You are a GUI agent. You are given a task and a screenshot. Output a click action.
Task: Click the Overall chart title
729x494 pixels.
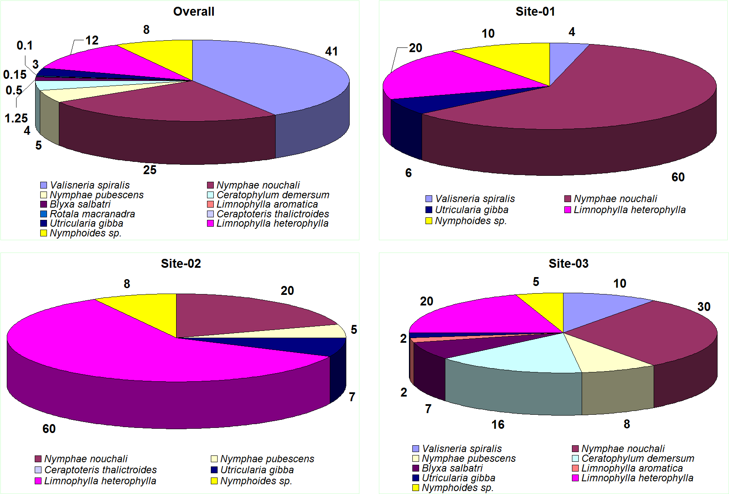coord(193,11)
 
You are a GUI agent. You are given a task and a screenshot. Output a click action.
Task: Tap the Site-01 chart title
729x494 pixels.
coord(535,11)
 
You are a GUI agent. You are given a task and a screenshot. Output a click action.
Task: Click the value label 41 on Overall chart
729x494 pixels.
coord(331,51)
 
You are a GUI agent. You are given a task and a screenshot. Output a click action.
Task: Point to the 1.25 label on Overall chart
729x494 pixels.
coord(16,118)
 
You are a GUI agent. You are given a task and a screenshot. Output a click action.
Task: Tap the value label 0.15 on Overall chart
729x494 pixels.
coord(15,75)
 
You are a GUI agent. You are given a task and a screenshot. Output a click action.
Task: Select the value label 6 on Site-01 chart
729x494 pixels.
coord(409,173)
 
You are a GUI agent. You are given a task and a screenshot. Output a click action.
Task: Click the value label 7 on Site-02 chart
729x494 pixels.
coord(352,397)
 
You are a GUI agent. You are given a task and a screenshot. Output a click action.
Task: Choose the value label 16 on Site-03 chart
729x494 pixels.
coord(498,425)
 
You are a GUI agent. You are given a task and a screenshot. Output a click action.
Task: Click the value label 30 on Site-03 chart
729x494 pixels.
coord(704,307)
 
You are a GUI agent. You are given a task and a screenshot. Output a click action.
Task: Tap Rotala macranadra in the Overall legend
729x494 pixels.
coord(92,214)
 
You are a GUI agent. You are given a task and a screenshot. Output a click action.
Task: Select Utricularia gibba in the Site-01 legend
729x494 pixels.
coord(471,210)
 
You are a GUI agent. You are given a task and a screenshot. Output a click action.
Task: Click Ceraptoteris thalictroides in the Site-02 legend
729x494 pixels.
coord(100,470)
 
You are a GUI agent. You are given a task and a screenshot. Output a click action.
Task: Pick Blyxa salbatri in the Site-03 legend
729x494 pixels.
coord(452,468)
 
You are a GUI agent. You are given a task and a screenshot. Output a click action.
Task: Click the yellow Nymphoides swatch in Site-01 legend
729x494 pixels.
coord(429,221)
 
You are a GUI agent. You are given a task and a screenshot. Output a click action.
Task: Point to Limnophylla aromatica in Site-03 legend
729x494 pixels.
coord(632,468)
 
